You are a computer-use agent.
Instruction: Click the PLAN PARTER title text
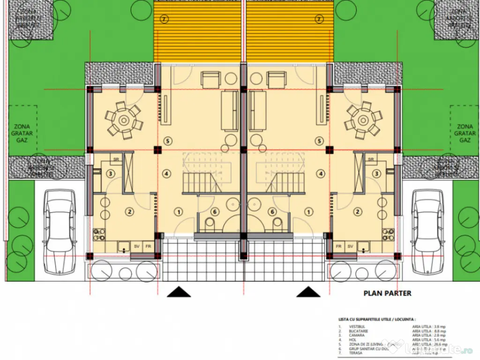tap(387, 293)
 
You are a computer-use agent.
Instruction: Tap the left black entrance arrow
tap(179, 292)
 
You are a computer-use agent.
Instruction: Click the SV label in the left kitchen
tap(137, 246)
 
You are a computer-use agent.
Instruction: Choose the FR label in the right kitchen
tap(338, 246)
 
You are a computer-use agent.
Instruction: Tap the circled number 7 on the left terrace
tap(164, 19)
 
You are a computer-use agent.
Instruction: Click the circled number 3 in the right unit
tap(376, 173)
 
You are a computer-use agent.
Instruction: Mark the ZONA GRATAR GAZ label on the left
tap(22, 133)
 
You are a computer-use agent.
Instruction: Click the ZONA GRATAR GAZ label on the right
tap(465, 133)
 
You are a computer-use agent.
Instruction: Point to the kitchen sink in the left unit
tap(124, 246)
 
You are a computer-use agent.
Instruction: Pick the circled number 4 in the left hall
tap(166, 173)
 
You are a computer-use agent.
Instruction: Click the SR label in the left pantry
tap(115, 159)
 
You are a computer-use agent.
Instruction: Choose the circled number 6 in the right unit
tap(272, 211)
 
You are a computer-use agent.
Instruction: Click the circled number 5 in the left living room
tap(168, 141)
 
